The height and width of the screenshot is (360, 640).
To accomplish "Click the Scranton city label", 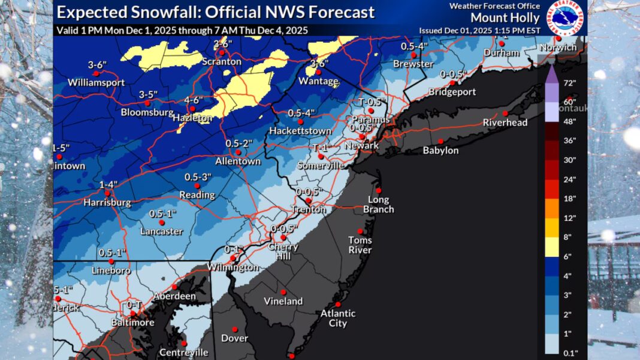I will pyautogui.click(x=222, y=62).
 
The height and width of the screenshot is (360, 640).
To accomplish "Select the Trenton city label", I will pyautogui.click(x=310, y=210).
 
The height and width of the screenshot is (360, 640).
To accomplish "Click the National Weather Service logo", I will pyautogui.click(x=566, y=17).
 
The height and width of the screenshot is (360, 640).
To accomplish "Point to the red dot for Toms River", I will pyautogui.click(x=360, y=231).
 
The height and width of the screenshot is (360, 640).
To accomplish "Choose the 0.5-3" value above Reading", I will pyautogui.click(x=198, y=177).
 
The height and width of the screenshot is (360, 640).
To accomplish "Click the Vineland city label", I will pyautogui.click(x=283, y=301).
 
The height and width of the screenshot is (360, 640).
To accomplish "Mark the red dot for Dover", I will pyautogui.click(x=236, y=329).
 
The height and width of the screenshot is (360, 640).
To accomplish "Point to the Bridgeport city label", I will pyautogui.click(x=453, y=92).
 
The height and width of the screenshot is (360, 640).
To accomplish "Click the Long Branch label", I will pyautogui.click(x=378, y=204).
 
